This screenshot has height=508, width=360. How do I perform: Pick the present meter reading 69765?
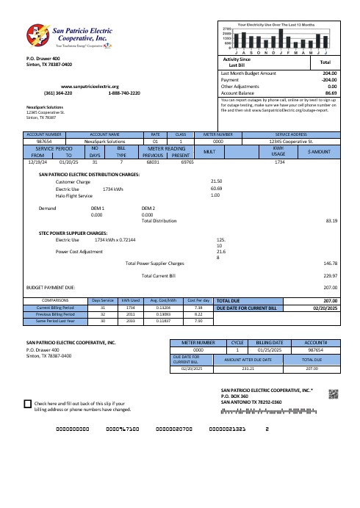tap(186, 162)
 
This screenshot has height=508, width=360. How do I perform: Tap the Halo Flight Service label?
tap(74, 196)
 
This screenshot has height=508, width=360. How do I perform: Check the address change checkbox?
tap(28, 404)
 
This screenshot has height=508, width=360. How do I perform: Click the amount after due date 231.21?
tap(268, 369)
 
